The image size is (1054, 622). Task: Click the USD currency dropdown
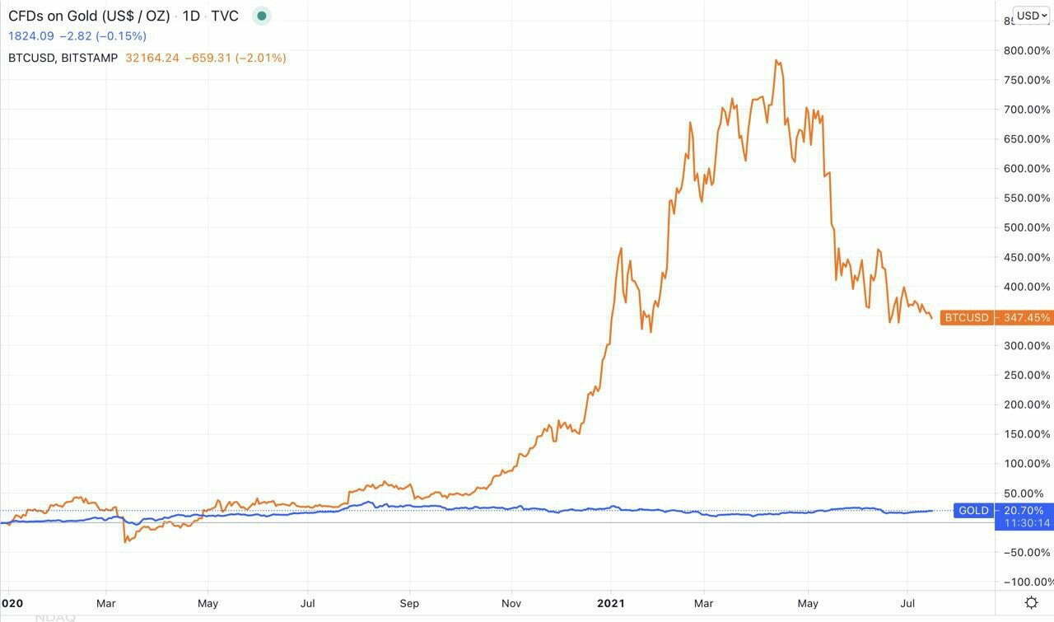click(x=1031, y=15)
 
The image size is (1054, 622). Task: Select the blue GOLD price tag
click(x=972, y=511)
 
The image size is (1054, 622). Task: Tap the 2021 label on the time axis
click(x=610, y=603)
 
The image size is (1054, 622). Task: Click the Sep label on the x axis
click(x=409, y=603)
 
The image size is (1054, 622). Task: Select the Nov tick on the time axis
click(x=511, y=603)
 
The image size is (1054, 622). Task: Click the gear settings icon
click(x=1031, y=602)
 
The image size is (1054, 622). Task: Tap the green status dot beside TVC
click(x=262, y=16)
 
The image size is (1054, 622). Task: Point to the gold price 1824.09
click(x=31, y=36)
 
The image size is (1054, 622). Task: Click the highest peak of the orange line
click(x=777, y=60)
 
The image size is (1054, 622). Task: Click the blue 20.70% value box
click(x=1024, y=511)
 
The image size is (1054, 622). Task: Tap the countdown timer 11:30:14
click(x=1024, y=523)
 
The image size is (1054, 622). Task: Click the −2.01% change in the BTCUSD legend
click(x=261, y=58)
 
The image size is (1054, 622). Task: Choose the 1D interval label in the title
click(x=191, y=16)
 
